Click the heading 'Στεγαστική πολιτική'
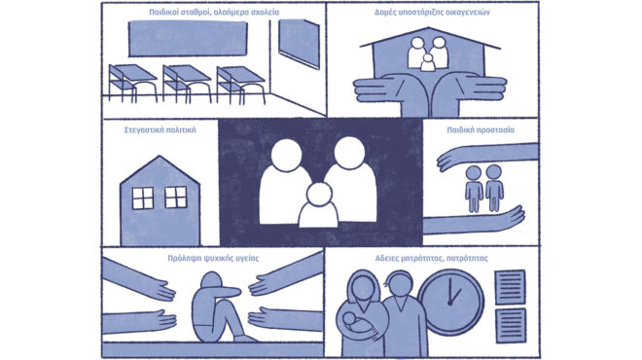pyautogui.click(x=160, y=130)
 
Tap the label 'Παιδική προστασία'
pyautogui.click(x=481, y=130)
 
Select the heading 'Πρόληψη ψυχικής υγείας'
pyautogui.click(x=213, y=259)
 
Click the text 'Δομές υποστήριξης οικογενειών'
pyautogui.click(x=432, y=13)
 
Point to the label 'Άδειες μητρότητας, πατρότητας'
pyautogui.click(x=432, y=259)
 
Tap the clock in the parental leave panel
pyautogui.click(x=451, y=303)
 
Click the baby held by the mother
pyautogui.click(x=355, y=323)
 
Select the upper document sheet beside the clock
pyautogui.click(x=510, y=287)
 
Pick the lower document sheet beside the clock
pyautogui.click(x=511, y=326)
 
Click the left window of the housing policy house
pyautogui.click(x=143, y=198)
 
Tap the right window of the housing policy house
pyautogui.click(x=176, y=197)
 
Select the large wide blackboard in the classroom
pyautogui.click(x=188, y=39)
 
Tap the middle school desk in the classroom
pyautogui.click(x=187, y=83)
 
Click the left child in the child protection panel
pyautogui.click(x=474, y=189)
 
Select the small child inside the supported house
pyautogui.click(x=428, y=63)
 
